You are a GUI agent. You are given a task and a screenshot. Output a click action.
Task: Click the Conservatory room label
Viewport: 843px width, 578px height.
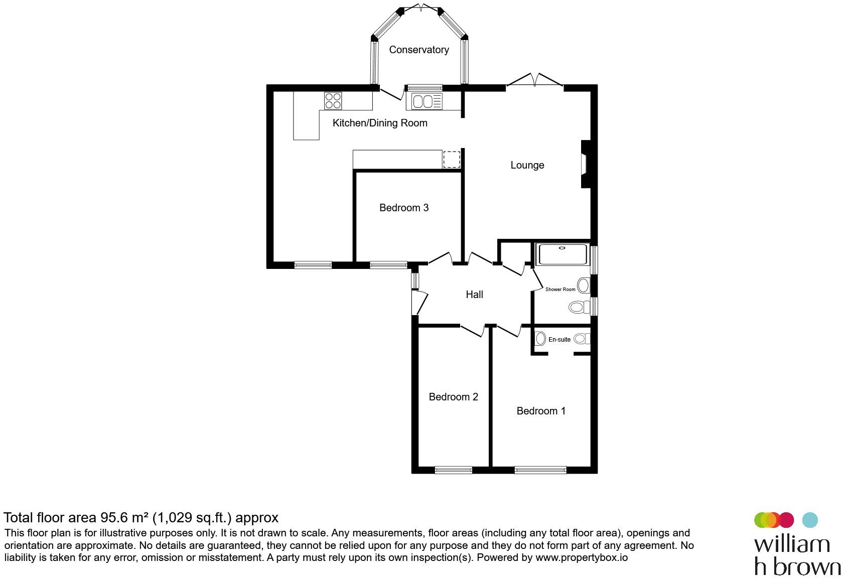click(x=418, y=50)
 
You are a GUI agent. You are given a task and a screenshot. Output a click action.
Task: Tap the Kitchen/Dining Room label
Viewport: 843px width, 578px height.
click(x=380, y=123)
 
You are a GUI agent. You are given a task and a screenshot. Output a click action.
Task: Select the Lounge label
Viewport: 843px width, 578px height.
click(x=527, y=165)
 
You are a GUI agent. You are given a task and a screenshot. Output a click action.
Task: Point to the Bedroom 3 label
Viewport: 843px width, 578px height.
click(x=403, y=208)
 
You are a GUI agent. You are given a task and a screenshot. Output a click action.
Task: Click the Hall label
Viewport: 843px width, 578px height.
click(x=474, y=295)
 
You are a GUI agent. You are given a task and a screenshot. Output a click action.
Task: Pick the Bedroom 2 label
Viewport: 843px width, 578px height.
click(x=453, y=397)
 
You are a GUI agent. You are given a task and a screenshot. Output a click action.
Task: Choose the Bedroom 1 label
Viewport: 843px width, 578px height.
click(x=541, y=411)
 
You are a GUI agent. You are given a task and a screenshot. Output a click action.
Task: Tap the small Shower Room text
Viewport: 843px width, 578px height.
click(x=560, y=290)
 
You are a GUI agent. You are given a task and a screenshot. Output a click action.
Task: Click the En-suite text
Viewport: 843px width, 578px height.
click(x=559, y=340)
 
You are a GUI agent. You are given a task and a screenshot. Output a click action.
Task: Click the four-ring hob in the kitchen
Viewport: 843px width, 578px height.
click(x=333, y=101)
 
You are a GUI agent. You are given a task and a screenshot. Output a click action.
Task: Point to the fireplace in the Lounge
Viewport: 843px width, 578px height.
click(x=585, y=164)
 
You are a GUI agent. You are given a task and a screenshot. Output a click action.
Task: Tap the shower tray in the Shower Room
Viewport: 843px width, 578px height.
click(x=562, y=254)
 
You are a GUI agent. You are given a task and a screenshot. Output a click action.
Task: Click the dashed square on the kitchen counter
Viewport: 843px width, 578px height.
click(x=451, y=159)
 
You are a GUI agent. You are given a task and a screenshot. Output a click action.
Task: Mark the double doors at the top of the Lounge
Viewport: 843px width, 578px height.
click(x=534, y=81)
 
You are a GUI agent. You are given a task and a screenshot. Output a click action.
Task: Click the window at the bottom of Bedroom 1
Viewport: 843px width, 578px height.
click(x=540, y=470)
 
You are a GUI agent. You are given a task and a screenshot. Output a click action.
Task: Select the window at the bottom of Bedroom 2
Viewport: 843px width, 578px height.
click(x=453, y=470)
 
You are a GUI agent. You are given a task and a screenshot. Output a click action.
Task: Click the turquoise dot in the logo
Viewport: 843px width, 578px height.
click(x=810, y=520)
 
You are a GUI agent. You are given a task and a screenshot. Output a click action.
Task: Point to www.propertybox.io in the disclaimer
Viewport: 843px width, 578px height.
click(x=582, y=557)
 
